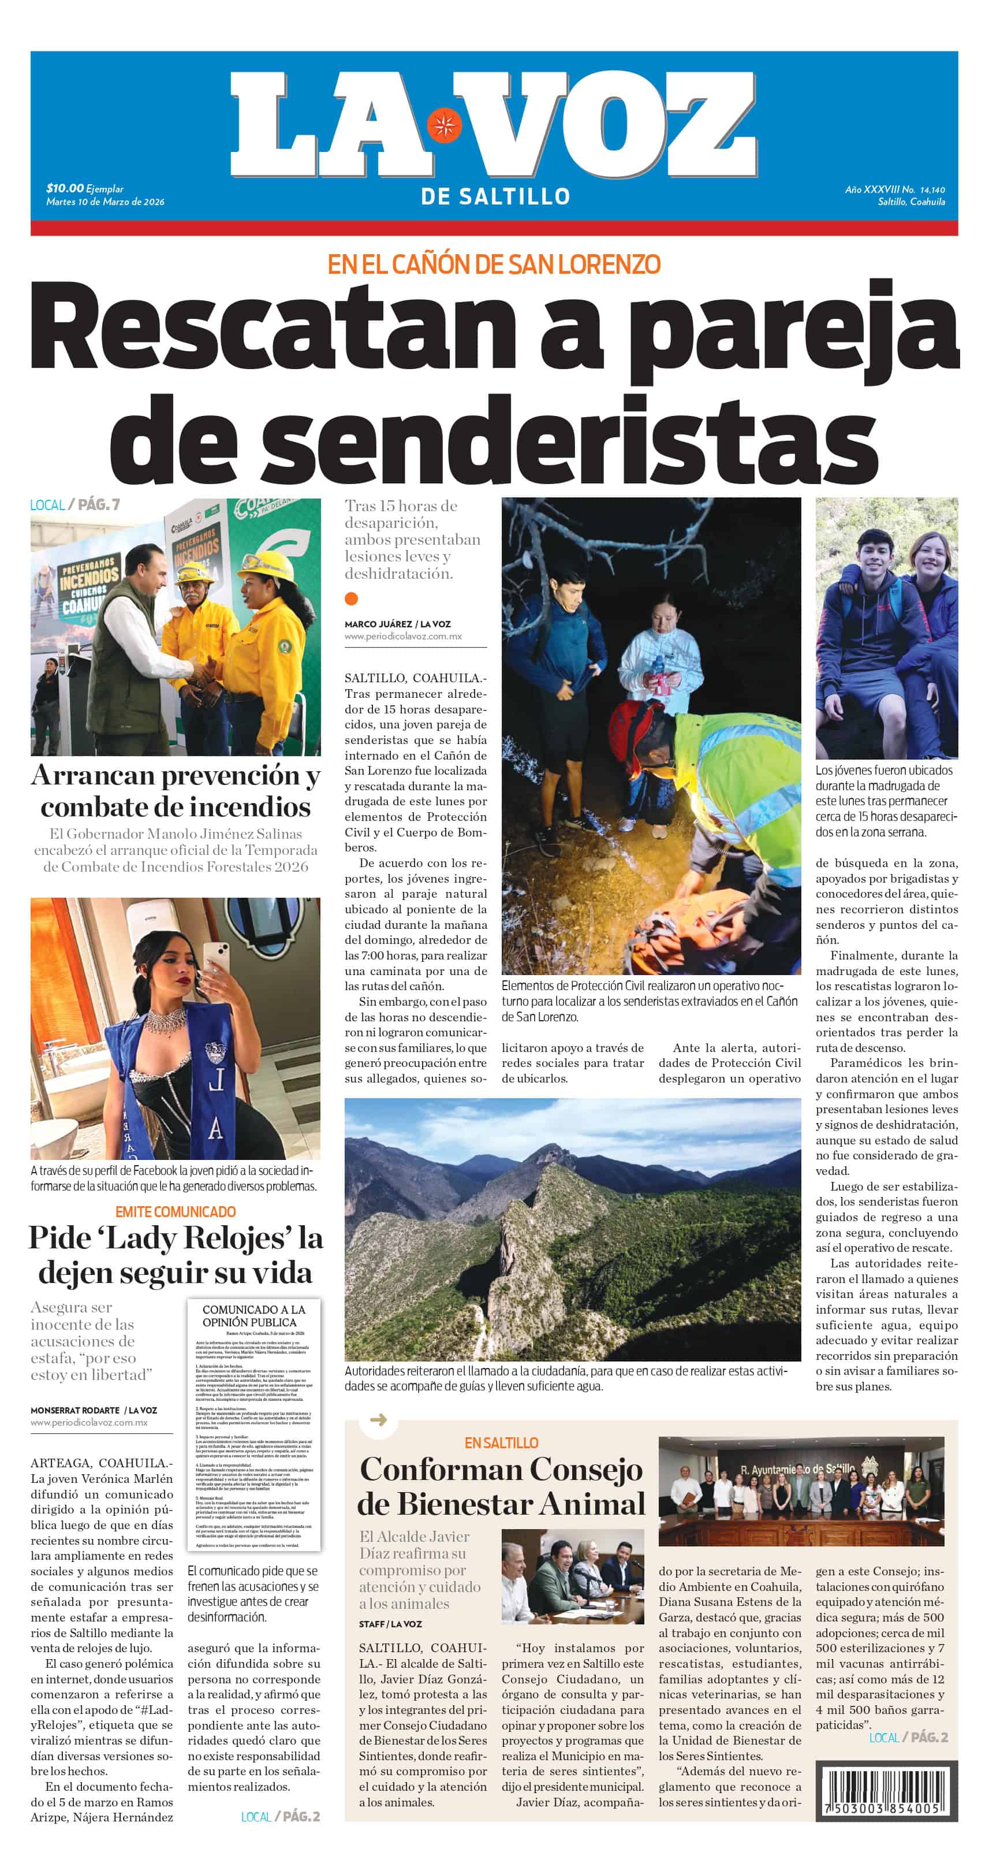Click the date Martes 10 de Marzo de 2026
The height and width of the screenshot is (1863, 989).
tap(105, 202)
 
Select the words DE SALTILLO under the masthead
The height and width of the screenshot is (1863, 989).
tap(495, 196)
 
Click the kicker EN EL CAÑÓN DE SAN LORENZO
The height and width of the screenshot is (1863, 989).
tap(494, 265)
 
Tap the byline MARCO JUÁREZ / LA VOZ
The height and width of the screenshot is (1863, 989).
tap(398, 623)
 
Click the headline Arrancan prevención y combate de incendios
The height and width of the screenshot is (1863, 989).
tap(176, 790)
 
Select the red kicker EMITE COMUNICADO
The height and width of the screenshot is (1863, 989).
tap(176, 1211)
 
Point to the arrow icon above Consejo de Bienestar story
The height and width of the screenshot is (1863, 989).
tap(378, 1420)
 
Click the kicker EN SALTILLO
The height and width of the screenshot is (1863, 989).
tap(501, 1443)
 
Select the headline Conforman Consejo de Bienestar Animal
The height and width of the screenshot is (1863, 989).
tap(501, 1487)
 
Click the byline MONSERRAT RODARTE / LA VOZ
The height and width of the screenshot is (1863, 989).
tap(94, 1410)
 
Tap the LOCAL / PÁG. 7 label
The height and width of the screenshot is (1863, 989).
tap(75, 505)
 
